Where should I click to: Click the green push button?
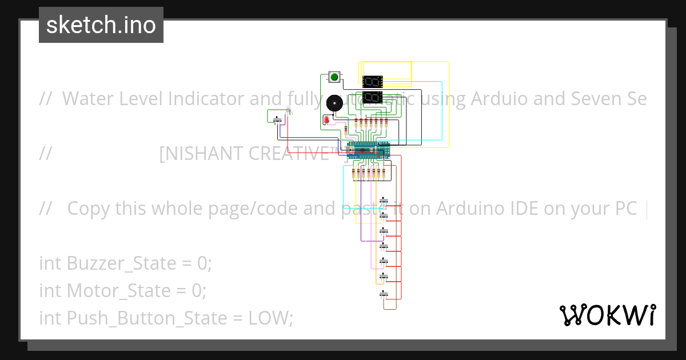[x=334, y=77]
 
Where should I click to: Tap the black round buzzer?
[x=333, y=103]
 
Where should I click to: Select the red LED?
[x=326, y=120]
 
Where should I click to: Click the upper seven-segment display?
[x=372, y=81]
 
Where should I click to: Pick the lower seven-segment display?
[x=372, y=97]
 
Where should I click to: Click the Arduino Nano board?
[x=369, y=150]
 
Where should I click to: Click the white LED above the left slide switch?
[x=289, y=110]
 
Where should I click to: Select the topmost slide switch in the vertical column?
[x=384, y=201]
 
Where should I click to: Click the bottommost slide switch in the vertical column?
[x=384, y=294]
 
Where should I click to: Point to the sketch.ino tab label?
[x=101, y=25]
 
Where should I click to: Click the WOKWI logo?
[x=607, y=315]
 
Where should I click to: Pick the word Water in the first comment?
[x=83, y=99]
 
